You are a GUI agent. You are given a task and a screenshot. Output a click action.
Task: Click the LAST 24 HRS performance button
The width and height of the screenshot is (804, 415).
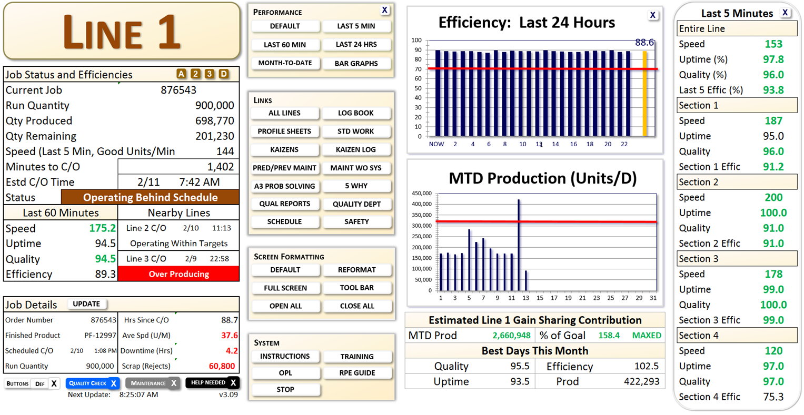356,45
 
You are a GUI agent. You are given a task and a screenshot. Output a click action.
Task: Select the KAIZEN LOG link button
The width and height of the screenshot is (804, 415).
356,150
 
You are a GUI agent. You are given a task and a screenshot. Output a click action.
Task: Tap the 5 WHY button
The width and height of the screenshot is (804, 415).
356,186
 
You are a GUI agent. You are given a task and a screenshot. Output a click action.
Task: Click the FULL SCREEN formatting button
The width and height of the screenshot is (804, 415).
285,288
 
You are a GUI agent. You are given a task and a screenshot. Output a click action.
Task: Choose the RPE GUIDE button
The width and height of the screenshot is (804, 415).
356,373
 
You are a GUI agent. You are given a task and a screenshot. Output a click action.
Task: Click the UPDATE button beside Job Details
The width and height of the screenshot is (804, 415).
86,304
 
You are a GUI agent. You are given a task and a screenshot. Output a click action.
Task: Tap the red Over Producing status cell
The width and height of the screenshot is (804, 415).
178,274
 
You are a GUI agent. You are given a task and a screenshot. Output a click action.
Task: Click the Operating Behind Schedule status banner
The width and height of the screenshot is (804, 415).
150,198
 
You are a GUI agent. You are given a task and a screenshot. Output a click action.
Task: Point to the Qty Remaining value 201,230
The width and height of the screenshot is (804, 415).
214,136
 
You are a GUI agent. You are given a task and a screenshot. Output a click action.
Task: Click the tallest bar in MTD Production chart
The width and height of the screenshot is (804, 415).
519,245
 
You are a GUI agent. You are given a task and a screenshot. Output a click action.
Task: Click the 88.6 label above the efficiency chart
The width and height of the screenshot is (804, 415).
644,43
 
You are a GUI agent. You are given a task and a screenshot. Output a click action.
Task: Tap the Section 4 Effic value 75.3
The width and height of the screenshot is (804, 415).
773,397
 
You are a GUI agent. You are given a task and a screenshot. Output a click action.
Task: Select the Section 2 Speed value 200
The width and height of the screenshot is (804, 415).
773,198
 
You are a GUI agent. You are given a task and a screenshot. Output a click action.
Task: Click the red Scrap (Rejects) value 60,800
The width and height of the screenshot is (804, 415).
222,366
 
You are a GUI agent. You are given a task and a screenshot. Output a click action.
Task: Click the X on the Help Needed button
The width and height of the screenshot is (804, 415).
233,383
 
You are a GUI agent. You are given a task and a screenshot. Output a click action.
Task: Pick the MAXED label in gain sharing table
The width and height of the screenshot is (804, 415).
647,336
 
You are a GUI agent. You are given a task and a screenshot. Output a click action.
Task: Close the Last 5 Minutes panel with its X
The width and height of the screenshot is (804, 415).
785,13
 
